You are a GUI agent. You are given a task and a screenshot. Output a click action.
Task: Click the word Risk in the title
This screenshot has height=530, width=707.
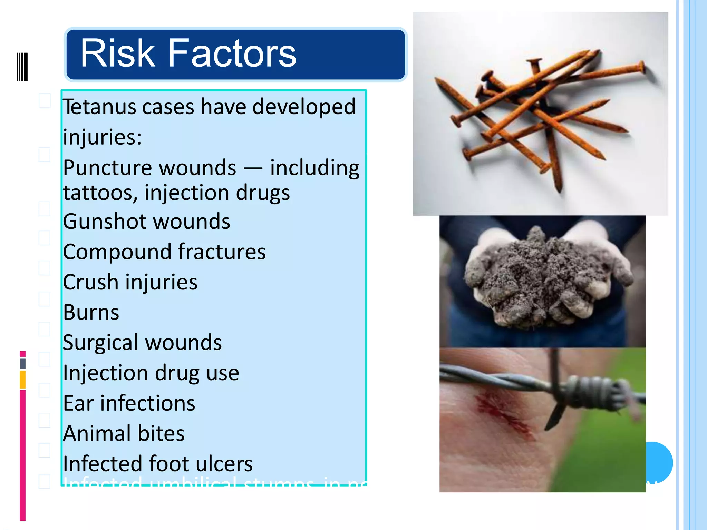(x=117, y=53)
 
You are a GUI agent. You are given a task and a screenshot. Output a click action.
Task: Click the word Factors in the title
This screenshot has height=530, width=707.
(x=232, y=53)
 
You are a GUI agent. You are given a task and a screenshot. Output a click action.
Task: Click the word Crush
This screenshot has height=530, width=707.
(x=90, y=282)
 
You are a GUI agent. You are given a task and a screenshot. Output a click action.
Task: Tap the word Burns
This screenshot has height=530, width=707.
(x=91, y=313)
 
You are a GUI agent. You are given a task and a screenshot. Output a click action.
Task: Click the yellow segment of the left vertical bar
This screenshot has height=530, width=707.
(x=23, y=380)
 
